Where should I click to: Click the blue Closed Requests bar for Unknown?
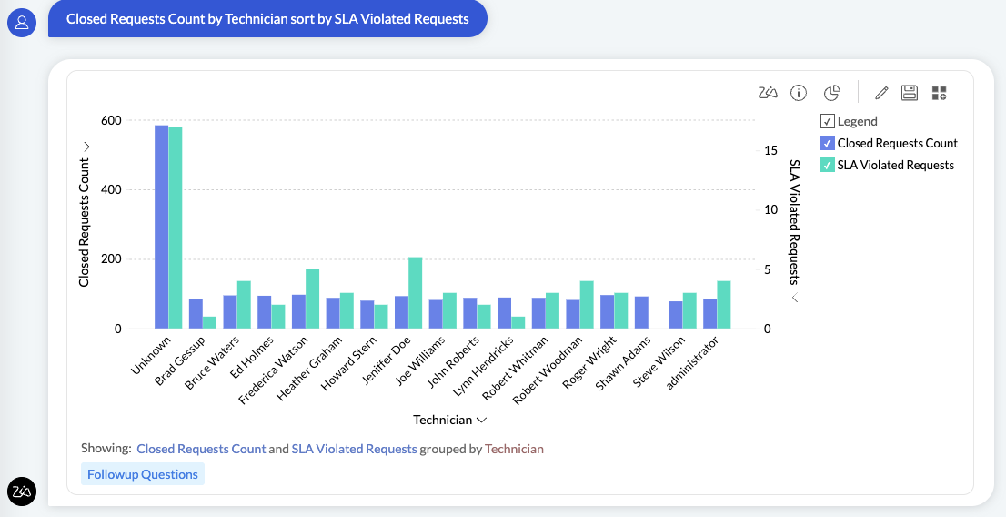point(161,228)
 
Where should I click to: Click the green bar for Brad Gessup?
point(209,322)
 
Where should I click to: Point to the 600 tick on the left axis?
point(110,121)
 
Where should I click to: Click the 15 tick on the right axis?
point(770,150)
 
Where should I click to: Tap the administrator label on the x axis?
point(694,362)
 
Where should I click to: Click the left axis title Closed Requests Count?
point(85,222)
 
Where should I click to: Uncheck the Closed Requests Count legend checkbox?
point(827,143)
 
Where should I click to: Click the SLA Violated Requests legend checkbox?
point(827,165)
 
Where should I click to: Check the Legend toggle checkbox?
point(827,121)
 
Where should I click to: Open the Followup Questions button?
point(143,474)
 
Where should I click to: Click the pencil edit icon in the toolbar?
point(880,93)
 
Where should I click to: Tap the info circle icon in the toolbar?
point(799,93)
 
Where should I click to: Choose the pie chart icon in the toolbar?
point(831,93)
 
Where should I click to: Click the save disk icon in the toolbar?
point(909,93)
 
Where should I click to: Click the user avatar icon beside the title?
point(21,23)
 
